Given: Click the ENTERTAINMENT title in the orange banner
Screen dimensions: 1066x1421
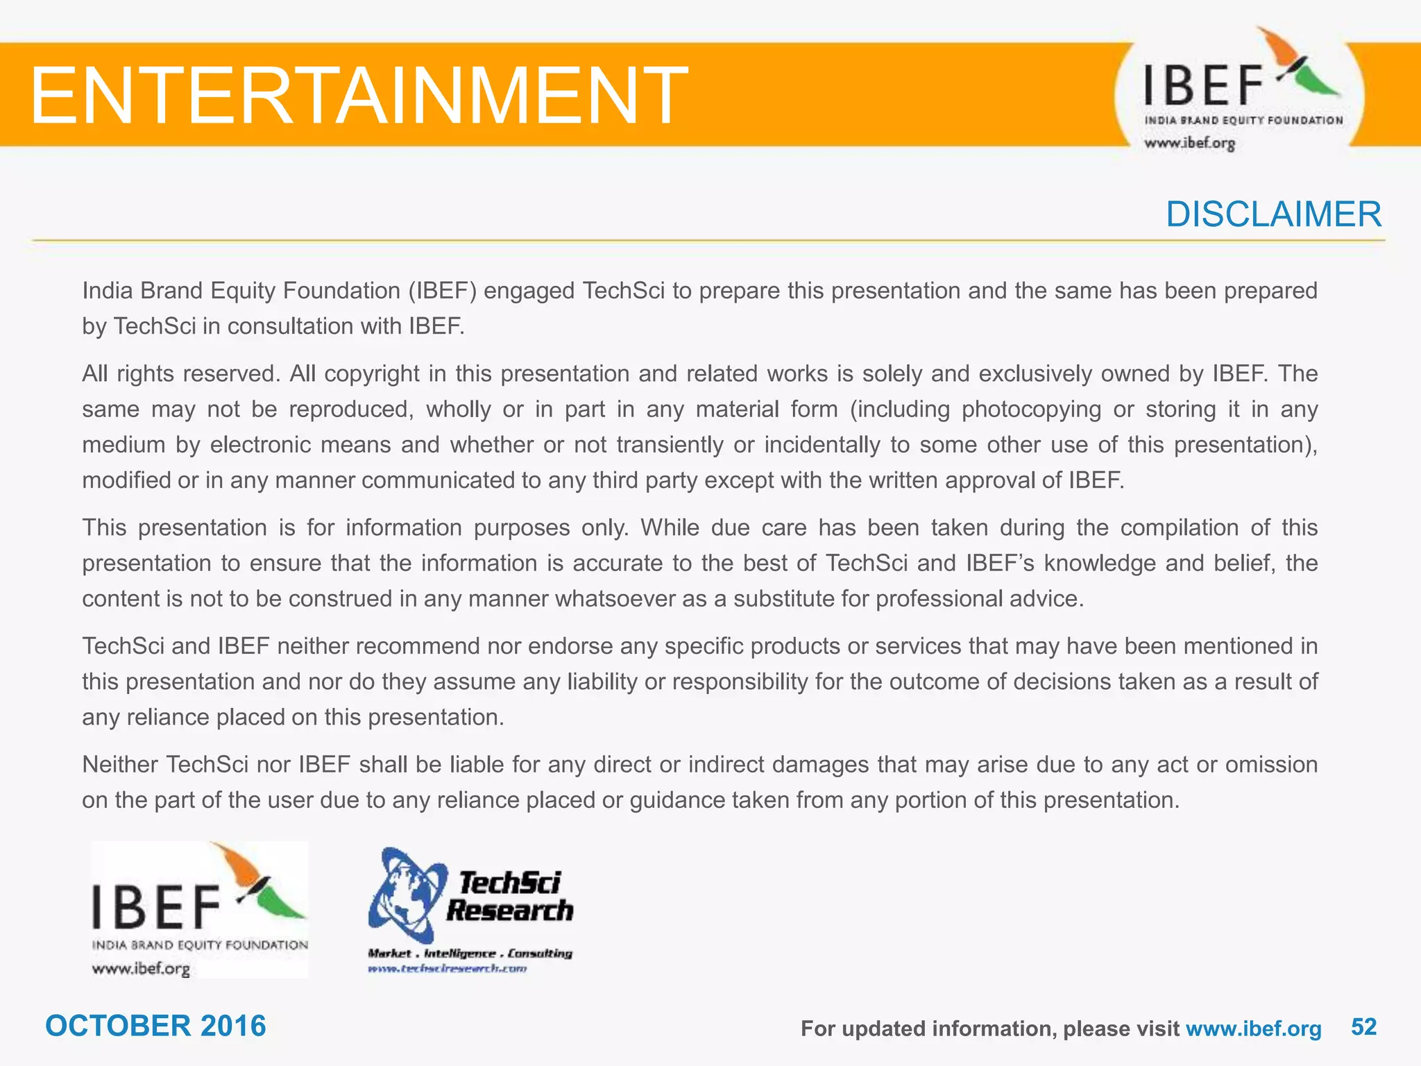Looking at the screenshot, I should [358, 95].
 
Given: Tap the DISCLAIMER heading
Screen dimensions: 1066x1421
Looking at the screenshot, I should [1273, 214].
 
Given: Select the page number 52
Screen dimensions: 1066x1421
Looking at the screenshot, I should [1363, 1026].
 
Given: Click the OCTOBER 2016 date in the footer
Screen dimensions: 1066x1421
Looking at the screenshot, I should [155, 1026].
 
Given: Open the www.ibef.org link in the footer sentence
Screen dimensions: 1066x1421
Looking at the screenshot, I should [1253, 1029].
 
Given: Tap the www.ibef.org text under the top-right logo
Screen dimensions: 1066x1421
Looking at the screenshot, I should [1189, 144].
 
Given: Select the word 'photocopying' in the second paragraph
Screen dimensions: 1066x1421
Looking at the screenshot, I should [1031, 409].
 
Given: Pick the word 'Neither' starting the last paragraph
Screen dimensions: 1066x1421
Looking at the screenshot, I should [120, 765].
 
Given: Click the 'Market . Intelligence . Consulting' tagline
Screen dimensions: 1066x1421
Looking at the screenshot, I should [470, 954].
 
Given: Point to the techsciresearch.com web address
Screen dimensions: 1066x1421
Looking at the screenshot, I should [448, 968].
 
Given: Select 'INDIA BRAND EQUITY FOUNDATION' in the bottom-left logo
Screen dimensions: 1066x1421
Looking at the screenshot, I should [200, 945].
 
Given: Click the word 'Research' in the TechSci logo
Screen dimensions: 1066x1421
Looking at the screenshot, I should [510, 911].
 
